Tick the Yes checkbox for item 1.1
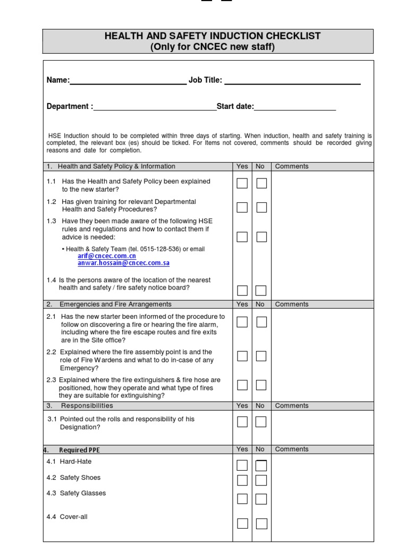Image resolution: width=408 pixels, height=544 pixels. pos(242,183)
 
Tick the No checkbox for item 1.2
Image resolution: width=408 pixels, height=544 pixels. pos(261,207)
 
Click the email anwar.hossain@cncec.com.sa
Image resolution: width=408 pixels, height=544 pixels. pos(123,262)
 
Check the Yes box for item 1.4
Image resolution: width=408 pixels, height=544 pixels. pos(242,291)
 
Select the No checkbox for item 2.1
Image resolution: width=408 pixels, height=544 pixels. pos(261,322)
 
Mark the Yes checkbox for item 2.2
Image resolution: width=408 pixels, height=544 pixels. pos(242,356)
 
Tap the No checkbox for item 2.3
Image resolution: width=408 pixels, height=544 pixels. pos(261,385)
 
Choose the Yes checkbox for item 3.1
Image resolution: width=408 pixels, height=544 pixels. pos(242,422)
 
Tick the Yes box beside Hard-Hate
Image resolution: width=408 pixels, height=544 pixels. pos(242,466)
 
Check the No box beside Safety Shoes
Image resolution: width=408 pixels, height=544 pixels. pos(261,480)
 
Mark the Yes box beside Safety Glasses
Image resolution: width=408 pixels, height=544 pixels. pos(242,499)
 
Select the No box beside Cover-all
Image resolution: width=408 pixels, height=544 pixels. pos(261,523)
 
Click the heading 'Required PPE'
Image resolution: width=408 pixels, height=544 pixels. pos(79,450)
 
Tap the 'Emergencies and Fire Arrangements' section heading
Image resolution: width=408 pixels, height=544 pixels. pos(115,304)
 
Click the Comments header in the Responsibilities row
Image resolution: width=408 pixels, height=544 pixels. pos(292,406)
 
